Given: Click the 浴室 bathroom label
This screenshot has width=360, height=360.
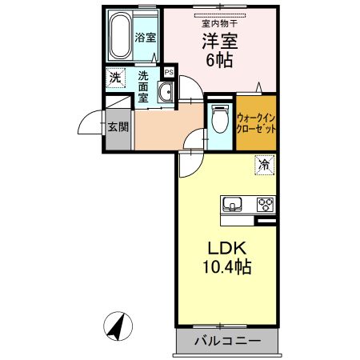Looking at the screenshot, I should [x=144, y=37].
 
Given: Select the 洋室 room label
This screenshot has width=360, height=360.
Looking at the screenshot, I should [x=215, y=42].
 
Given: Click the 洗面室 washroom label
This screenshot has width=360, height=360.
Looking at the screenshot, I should [x=143, y=86].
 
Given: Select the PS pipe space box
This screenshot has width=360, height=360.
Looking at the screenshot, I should [x=168, y=72].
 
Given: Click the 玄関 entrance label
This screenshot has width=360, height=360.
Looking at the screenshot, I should [x=117, y=126].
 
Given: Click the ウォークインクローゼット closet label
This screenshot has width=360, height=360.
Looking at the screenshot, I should [x=255, y=122].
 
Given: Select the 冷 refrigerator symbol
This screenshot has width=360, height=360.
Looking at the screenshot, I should [x=263, y=165].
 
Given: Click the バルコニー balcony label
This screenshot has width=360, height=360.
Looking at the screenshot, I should [x=227, y=342].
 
